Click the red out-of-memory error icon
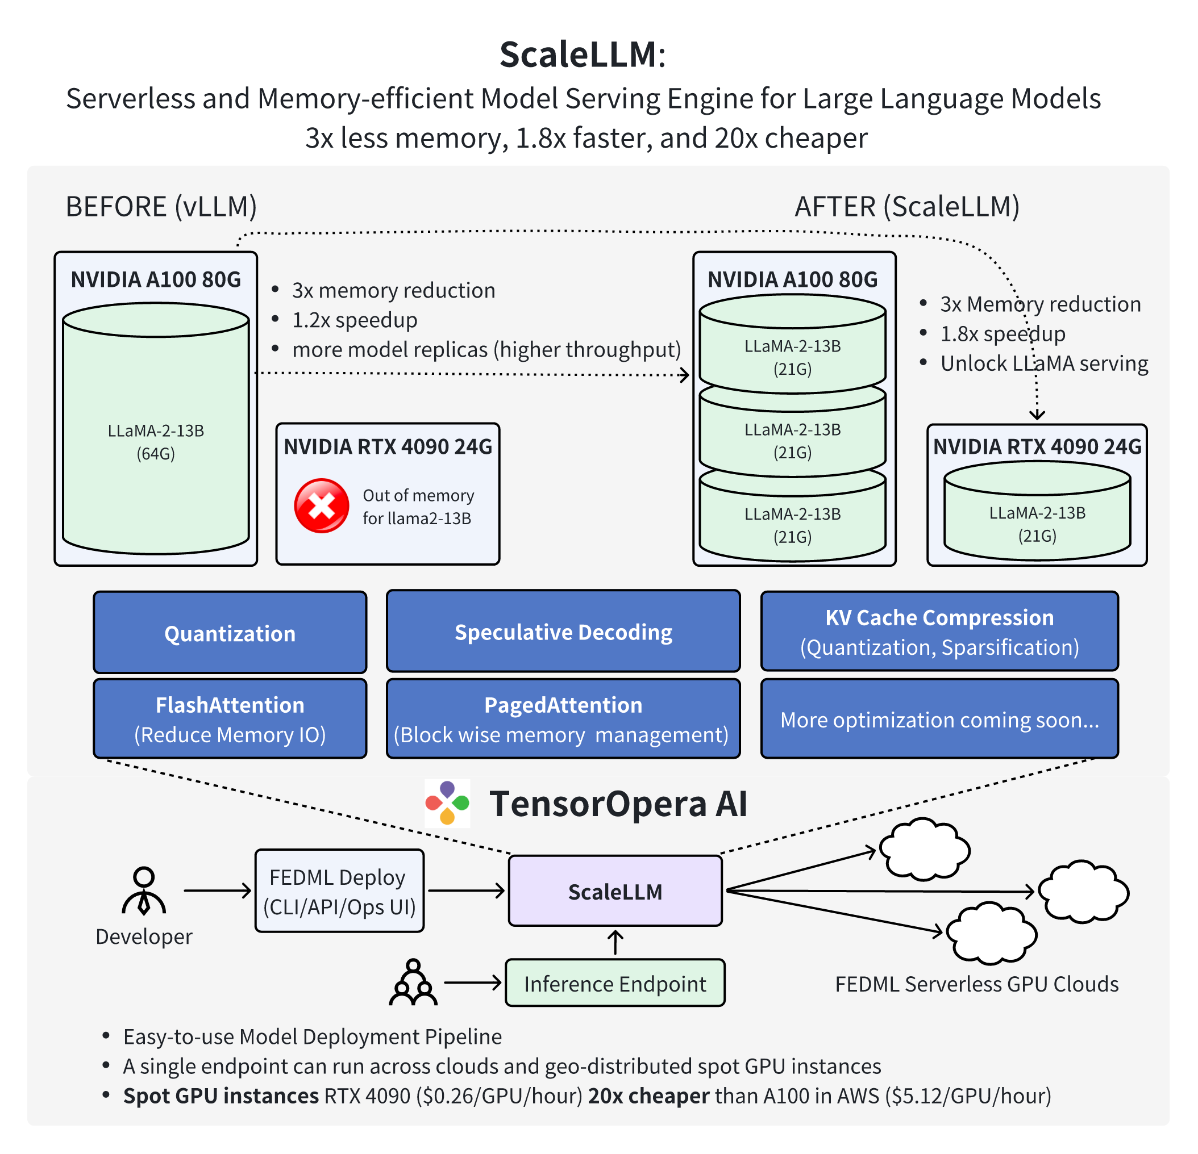click(x=322, y=506)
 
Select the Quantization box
click(x=230, y=633)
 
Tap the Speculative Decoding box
click(x=563, y=632)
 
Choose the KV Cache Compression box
click(x=939, y=632)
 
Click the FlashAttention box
click(x=230, y=719)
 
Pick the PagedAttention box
click(x=563, y=719)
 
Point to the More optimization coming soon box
click(x=939, y=720)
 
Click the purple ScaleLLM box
click(x=615, y=891)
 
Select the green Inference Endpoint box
click(x=615, y=984)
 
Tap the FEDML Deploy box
click(x=339, y=891)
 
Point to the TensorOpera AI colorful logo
click(x=447, y=802)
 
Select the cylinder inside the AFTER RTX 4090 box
click(x=1037, y=513)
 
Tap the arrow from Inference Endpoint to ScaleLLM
click(x=615, y=943)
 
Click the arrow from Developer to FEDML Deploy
click(x=217, y=890)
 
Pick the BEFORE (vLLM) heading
click(x=161, y=207)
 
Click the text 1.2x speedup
click(x=355, y=320)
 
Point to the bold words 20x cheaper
click(x=648, y=1096)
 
